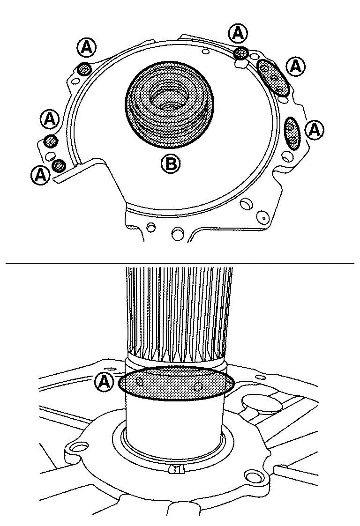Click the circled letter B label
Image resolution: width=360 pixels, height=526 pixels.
tap(171, 164)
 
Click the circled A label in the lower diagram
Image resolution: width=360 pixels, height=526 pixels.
tap(104, 382)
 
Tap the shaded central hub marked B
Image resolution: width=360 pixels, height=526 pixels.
tap(169, 104)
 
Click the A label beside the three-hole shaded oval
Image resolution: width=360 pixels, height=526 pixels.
tap(295, 67)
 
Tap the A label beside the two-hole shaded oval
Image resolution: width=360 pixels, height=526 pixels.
tap(315, 129)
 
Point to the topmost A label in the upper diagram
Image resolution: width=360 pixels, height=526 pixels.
tap(239, 34)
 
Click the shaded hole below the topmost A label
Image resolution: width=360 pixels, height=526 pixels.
tap(241, 52)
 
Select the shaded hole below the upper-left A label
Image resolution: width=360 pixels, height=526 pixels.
tap(83, 70)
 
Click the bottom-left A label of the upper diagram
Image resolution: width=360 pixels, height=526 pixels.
tap(41, 175)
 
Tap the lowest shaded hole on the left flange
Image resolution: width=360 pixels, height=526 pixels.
tap(59, 165)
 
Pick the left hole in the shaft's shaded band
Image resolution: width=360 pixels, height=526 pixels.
tap(140, 381)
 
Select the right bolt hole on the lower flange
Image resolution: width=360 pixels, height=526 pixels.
tap(253, 477)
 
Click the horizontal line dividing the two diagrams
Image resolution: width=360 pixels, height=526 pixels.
tap(180, 263)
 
